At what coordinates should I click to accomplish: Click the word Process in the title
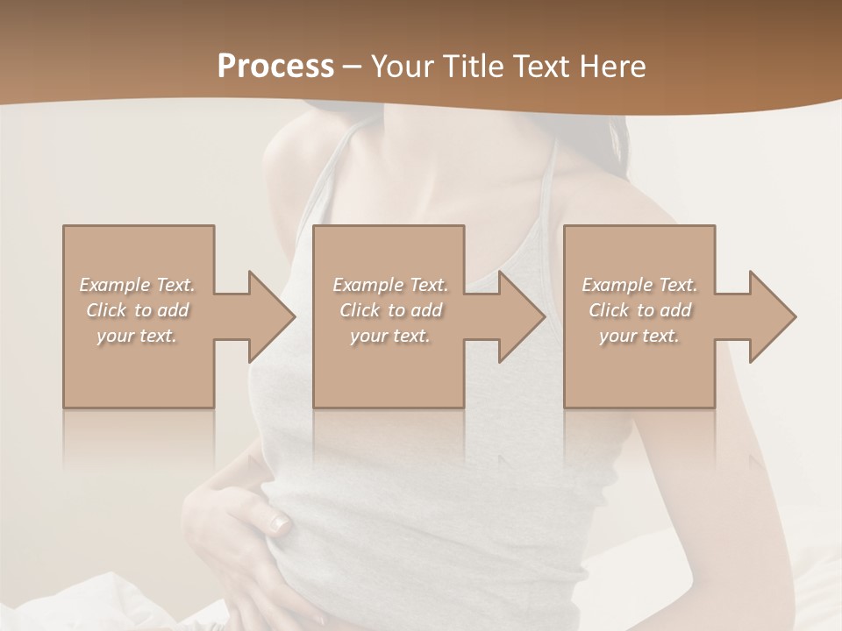point(275,67)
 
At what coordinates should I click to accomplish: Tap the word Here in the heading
point(613,67)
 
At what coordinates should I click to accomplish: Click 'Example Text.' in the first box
point(137,285)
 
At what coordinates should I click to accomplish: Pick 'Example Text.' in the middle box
point(390,285)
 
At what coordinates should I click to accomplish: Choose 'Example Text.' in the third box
point(639,285)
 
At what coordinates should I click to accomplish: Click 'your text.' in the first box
point(137,336)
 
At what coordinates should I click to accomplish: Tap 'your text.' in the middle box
point(390,336)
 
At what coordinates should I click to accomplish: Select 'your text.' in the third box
point(639,336)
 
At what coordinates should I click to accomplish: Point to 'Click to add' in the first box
point(137,310)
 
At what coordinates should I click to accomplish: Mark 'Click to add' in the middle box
point(390,310)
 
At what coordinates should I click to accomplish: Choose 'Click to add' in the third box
point(639,310)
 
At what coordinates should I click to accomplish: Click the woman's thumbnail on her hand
point(279,524)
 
